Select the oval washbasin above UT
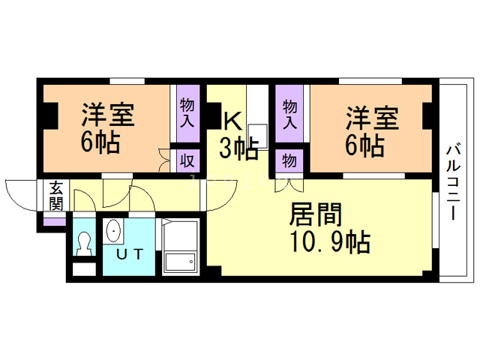pyautogui.click(x=113, y=231)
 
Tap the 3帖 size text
pyautogui.click(x=238, y=148)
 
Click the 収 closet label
pyautogui.click(x=187, y=159)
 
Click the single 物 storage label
pyautogui.click(x=289, y=160)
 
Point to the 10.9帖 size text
pyautogui.click(x=328, y=242)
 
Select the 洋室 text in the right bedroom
pyautogui.click(x=371, y=118)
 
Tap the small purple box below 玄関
pyautogui.click(x=54, y=221)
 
